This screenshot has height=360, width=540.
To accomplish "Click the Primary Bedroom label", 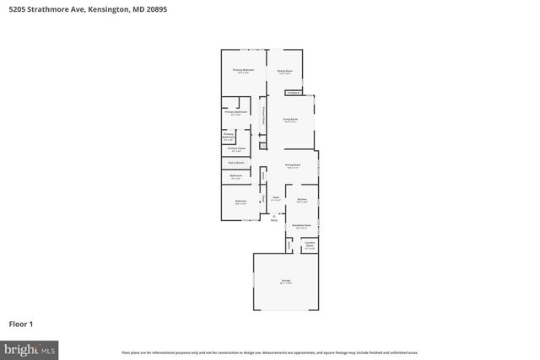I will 243,70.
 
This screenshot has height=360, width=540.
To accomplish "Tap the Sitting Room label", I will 285,72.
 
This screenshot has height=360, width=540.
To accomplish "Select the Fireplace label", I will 292,92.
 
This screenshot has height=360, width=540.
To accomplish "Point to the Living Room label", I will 290,121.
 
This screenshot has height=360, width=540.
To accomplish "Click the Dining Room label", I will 293,165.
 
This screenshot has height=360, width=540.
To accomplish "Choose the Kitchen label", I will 302,201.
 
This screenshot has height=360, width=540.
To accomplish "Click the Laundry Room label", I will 310,245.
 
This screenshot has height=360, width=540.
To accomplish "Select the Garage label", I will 286,282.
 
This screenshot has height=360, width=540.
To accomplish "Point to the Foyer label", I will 275,199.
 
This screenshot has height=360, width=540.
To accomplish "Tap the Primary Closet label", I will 236,149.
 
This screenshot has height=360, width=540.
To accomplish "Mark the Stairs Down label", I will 235,162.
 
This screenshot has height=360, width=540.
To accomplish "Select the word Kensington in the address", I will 98,8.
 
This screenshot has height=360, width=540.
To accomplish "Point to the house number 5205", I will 14,8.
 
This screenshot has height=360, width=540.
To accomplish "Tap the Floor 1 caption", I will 20,323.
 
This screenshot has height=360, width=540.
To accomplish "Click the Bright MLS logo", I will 30,348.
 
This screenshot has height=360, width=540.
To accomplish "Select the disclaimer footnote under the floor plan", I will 270,352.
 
